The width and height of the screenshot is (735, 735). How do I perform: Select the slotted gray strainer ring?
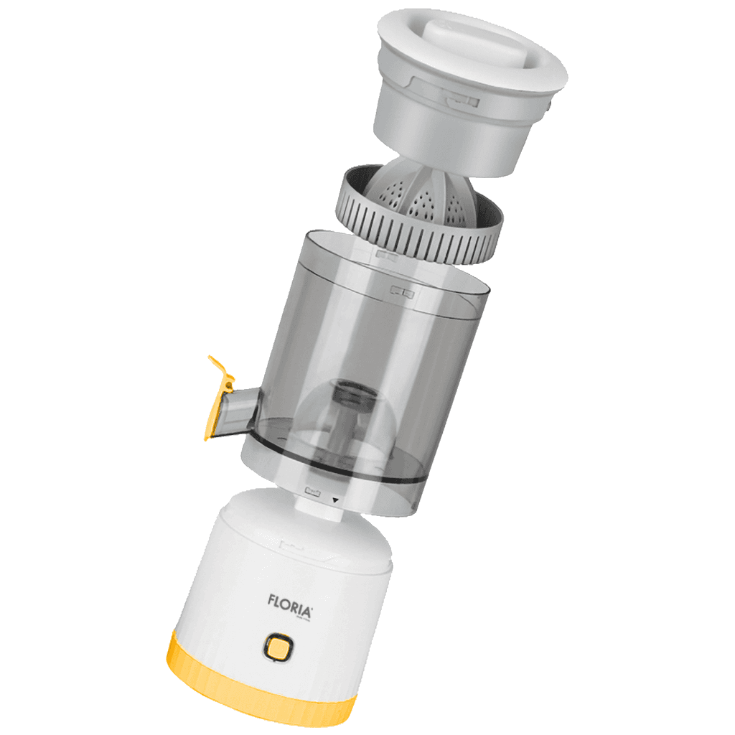coord(402,230)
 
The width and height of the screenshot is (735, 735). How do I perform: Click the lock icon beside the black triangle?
coord(312,492)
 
